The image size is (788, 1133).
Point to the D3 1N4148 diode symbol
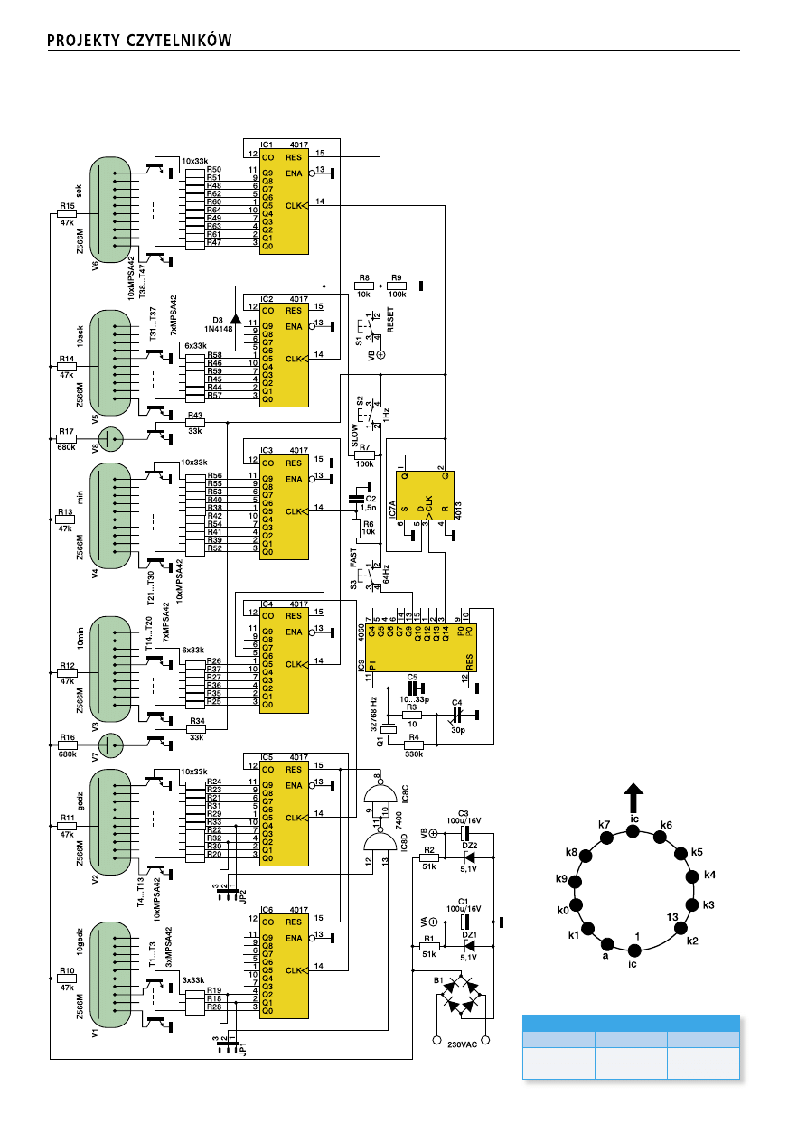[x=235, y=318]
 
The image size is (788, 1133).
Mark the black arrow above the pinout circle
[x=634, y=799]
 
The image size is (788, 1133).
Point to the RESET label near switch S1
[x=391, y=320]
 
